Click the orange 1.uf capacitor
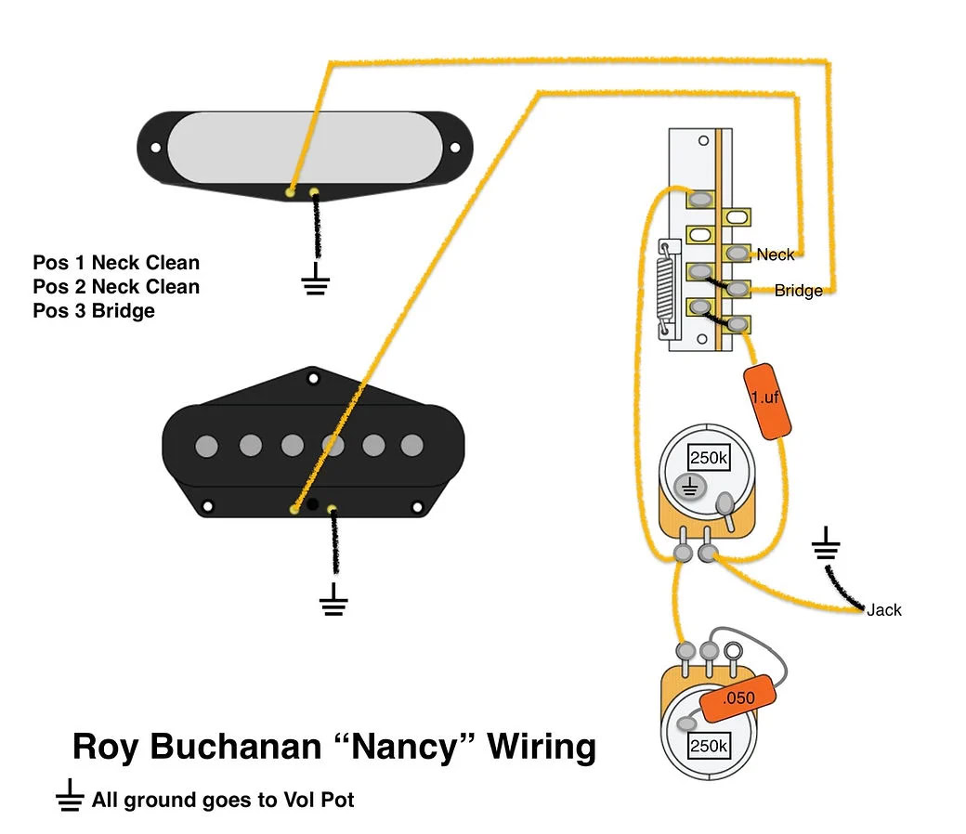[767, 399]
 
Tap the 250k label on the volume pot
[708, 458]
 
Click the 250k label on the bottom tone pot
[708, 746]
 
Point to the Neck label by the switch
[776, 254]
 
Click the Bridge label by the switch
[798, 291]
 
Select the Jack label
[883, 610]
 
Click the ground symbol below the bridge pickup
[333, 604]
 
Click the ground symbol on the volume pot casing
[690, 486]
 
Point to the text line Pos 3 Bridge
[94, 311]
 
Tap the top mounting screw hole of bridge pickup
[313, 378]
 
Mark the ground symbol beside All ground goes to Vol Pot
[69, 799]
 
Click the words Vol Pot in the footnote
[321, 800]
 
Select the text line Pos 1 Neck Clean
[116, 263]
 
